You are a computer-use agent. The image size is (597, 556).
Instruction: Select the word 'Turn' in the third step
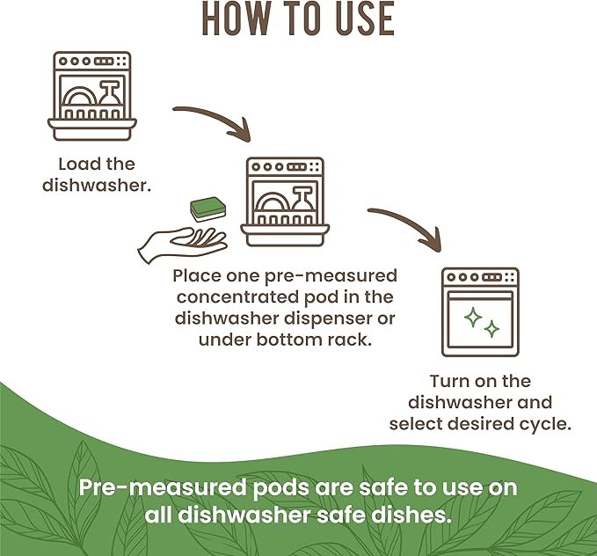tap(448, 382)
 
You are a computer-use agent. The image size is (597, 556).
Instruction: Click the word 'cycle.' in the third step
tap(544, 424)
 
